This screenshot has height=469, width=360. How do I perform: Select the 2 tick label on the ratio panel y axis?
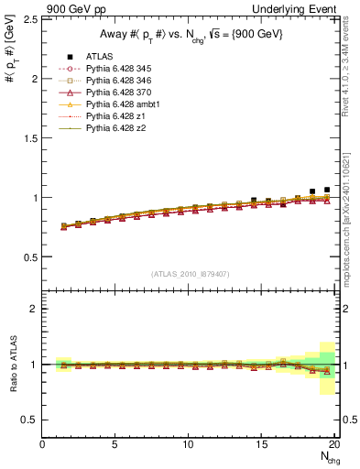coord(33,309)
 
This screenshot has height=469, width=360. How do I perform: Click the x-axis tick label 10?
coord(189,444)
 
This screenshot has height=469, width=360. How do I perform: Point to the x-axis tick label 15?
coord(262,444)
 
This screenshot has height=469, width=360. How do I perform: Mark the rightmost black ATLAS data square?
coord(327,190)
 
